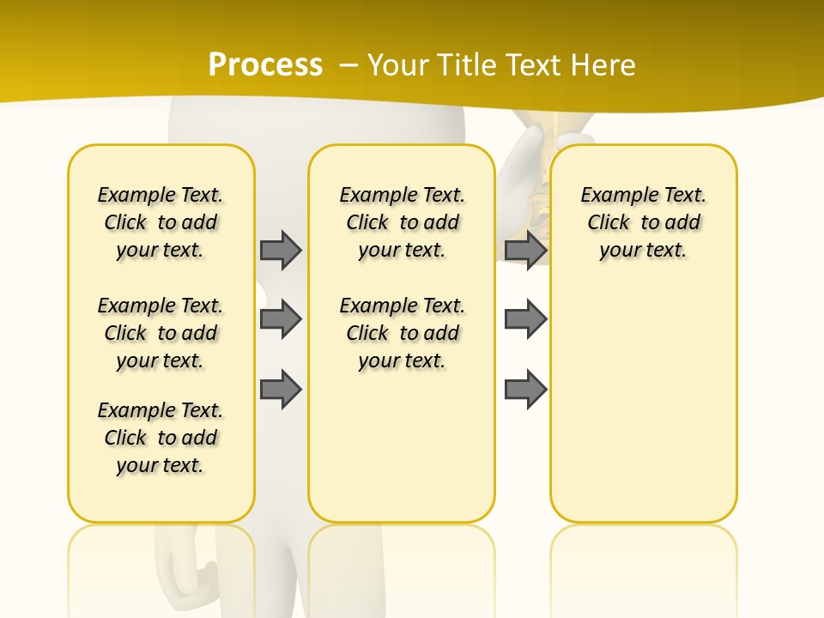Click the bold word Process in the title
[x=265, y=64]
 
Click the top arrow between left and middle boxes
[x=280, y=250]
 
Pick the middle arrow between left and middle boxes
[x=280, y=319]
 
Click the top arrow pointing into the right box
[x=525, y=250]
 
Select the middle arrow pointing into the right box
[x=525, y=319]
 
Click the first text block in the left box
[x=161, y=222]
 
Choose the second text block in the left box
[x=161, y=333]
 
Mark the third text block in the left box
[x=161, y=438]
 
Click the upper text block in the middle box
[x=403, y=222]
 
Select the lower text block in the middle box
[x=403, y=333]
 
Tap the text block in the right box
[x=644, y=222]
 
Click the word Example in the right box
[x=613, y=196]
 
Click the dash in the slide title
[x=348, y=65]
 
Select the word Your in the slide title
[x=399, y=65]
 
